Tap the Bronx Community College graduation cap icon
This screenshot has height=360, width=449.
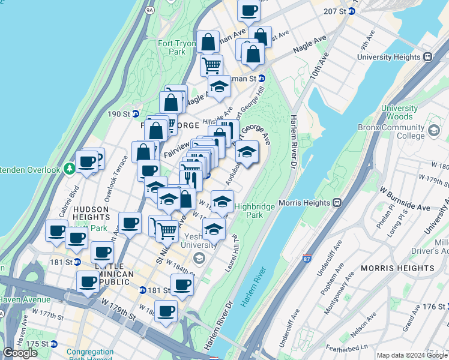point(433,129)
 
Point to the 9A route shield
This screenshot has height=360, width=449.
point(149,10)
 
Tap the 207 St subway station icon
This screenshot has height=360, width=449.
point(352,11)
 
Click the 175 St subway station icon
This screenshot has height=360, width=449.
point(53,344)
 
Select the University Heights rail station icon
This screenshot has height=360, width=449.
point(428,57)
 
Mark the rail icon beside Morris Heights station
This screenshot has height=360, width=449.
point(337,203)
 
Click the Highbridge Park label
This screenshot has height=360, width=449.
point(256,210)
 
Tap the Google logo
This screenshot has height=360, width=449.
point(20,353)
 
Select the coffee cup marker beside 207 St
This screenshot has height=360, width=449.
point(249,10)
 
